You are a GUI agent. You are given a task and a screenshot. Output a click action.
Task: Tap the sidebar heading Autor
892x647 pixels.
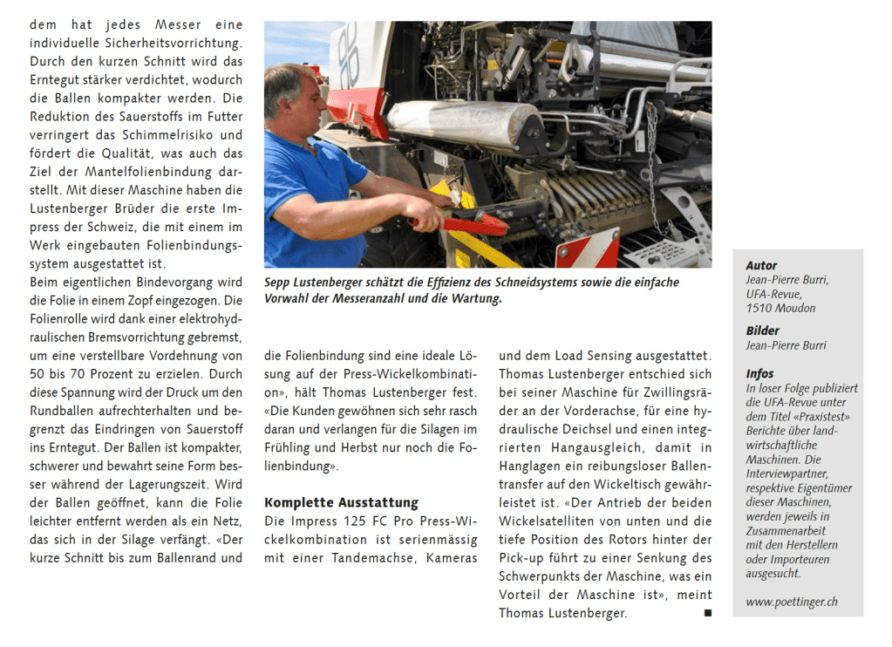click(x=761, y=265)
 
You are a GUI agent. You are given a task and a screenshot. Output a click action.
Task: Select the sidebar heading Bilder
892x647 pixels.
click(x=763, y=330)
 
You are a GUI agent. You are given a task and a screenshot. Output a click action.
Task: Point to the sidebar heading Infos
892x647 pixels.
click(x=759, y=373)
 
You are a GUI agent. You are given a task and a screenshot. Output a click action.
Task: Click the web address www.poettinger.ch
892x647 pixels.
click(x=792, y=602)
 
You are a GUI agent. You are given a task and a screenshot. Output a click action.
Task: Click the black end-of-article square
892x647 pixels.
click(x=706, y=613)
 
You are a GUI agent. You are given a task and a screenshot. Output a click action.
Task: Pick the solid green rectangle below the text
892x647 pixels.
click(x=254, y=621)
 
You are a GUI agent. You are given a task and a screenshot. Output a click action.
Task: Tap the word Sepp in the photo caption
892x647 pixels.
click(x=280, y=283)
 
